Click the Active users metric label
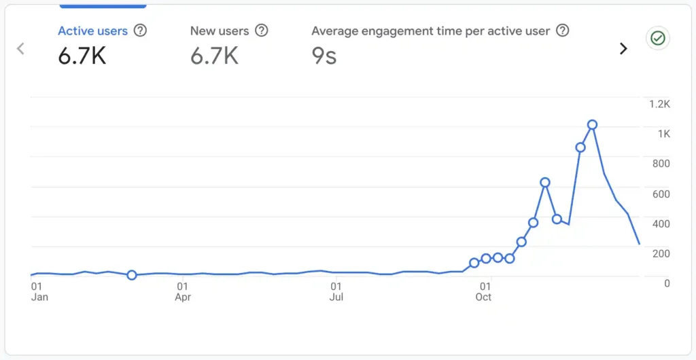[x=92, y=31]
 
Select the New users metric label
[x=220, y=31]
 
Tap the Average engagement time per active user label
[x=430, y=31]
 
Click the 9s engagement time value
[x=324, y=56]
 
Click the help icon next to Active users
[x=141, y=31]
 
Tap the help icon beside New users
[x=261, y=31]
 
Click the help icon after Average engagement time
[x=562, y=31]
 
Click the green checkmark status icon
[x=657, y=39]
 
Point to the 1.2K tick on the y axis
[x=659, y=104]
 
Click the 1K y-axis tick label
[x=663, y=134]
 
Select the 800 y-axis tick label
[x=661, y=164]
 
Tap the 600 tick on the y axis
[x=661, y=194]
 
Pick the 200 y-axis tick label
[x=661, y=253]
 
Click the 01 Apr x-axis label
[x=182, y=292]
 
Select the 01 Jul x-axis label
[x=336, y=292]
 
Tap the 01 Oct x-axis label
[x=484, y=292]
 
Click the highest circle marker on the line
[x=593, y=124]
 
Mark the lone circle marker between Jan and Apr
[x=132, y=275]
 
